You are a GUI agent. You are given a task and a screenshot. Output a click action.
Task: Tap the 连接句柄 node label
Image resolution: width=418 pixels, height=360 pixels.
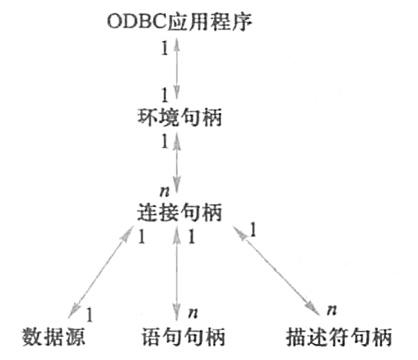179,213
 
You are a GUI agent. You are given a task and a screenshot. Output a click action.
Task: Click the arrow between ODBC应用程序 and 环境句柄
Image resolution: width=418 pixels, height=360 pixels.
179,69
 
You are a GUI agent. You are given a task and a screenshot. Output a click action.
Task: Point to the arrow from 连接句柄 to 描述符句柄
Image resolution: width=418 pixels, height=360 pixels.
273,267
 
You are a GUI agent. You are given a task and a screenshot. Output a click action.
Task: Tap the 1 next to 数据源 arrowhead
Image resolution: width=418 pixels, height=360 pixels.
90,315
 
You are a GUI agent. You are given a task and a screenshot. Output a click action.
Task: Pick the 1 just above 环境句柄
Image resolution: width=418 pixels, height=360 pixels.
165,94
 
